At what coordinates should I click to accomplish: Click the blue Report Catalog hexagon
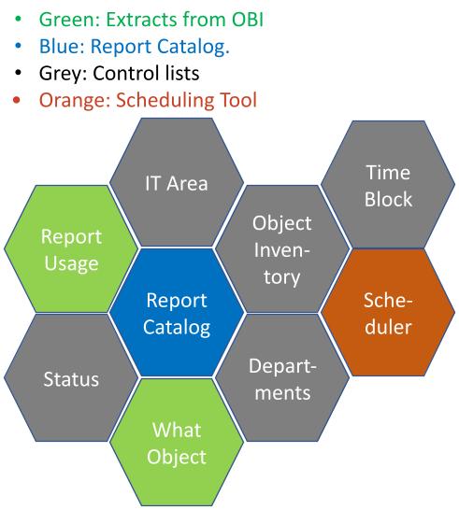click(x=176, y=315)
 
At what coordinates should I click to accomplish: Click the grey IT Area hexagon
click(x=176, y=182)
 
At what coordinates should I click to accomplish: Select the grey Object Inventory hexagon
click(x=282, y=249)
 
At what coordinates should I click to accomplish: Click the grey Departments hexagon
click(x=282, y=379)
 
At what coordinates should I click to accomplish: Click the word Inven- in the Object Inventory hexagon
click(x=282, y=250)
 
